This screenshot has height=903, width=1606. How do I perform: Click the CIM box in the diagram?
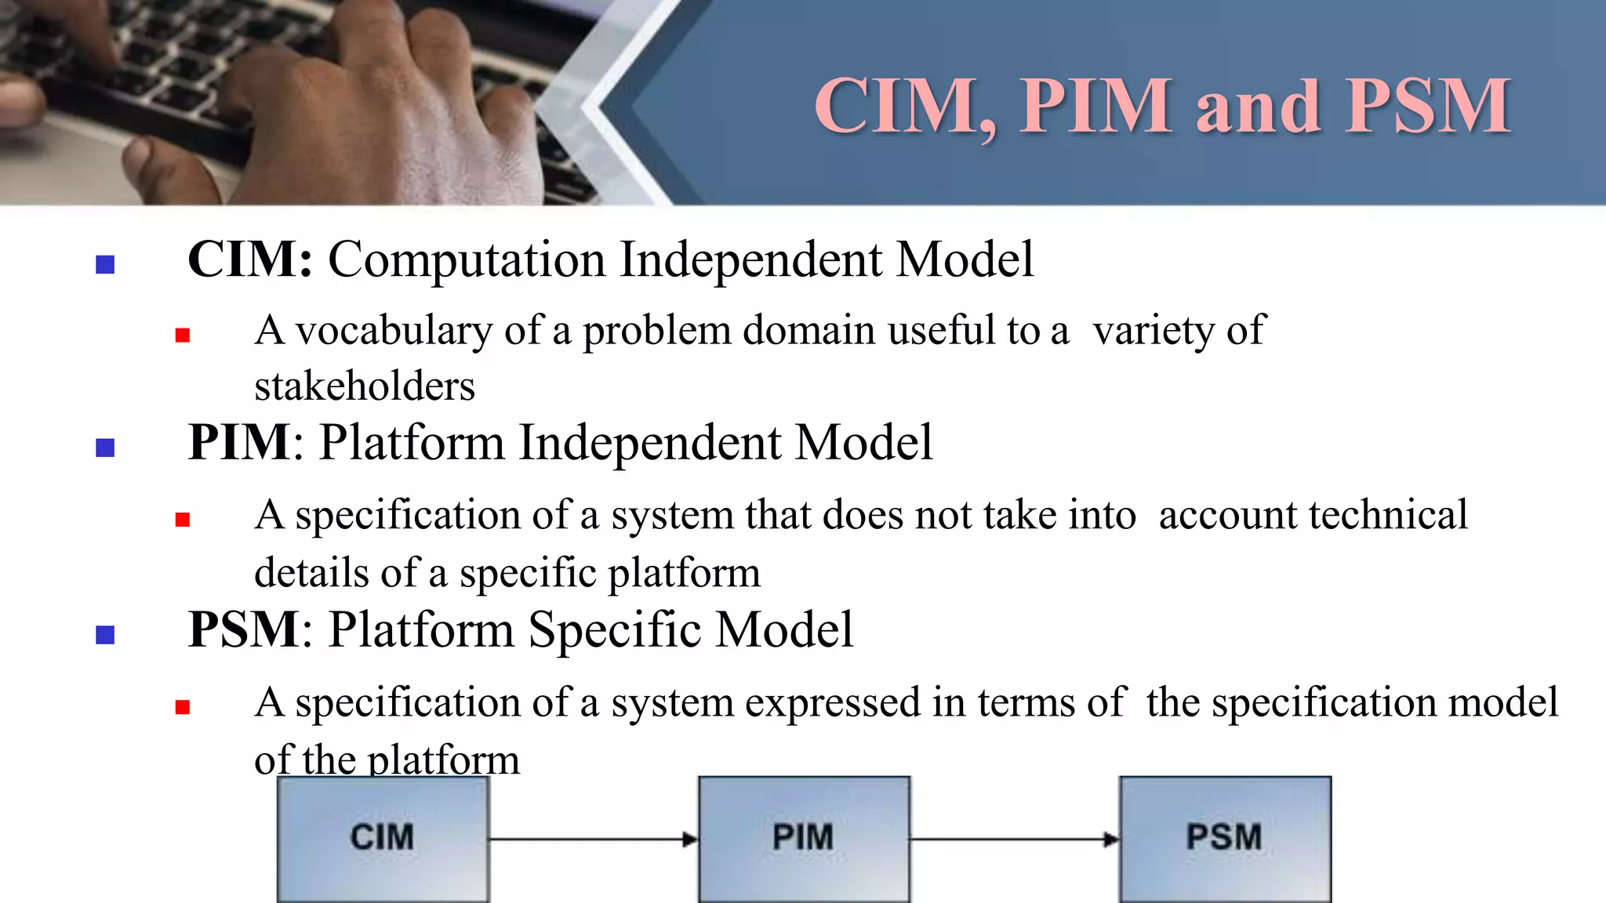383,837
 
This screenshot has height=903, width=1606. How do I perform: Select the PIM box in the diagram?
804,837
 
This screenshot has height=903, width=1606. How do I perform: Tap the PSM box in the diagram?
1225,837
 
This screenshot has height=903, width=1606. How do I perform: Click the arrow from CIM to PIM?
593,840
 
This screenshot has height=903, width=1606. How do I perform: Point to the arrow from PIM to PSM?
1014,840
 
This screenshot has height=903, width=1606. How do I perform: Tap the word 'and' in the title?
1258,108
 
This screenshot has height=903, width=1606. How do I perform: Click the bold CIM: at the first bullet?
250,259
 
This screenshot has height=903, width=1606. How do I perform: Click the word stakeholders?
365,386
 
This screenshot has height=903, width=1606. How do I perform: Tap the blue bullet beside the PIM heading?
105,448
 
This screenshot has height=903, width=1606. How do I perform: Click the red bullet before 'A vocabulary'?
183,335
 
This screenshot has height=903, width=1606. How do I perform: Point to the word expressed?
832,702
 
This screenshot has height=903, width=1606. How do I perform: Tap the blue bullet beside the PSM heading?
105,634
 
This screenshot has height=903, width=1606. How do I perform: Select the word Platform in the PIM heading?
412,443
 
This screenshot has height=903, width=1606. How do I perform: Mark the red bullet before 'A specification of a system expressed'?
183,707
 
